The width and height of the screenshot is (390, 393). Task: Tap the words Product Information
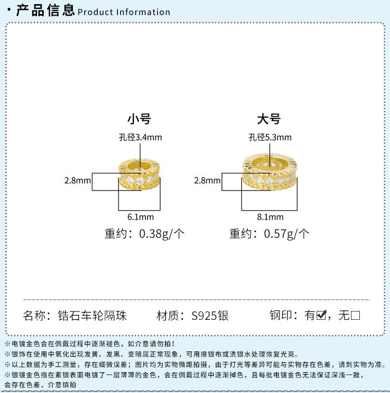[124, 12]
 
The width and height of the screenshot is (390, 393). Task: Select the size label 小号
[139, 119]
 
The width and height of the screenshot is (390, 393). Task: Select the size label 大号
[269, 119]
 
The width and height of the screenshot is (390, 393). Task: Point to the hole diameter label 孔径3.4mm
[140, 138]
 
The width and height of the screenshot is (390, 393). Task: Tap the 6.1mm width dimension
[139, 217]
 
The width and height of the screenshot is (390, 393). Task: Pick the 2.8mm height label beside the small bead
[77, 181]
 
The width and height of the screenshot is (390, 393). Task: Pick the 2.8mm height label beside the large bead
[207, 181]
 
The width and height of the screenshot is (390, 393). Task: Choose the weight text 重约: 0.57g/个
[269, 234]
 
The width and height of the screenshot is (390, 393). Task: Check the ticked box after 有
[321, 315]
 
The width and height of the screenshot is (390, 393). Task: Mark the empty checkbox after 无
[356, 315]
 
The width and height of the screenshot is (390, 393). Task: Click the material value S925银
[210, 316]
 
